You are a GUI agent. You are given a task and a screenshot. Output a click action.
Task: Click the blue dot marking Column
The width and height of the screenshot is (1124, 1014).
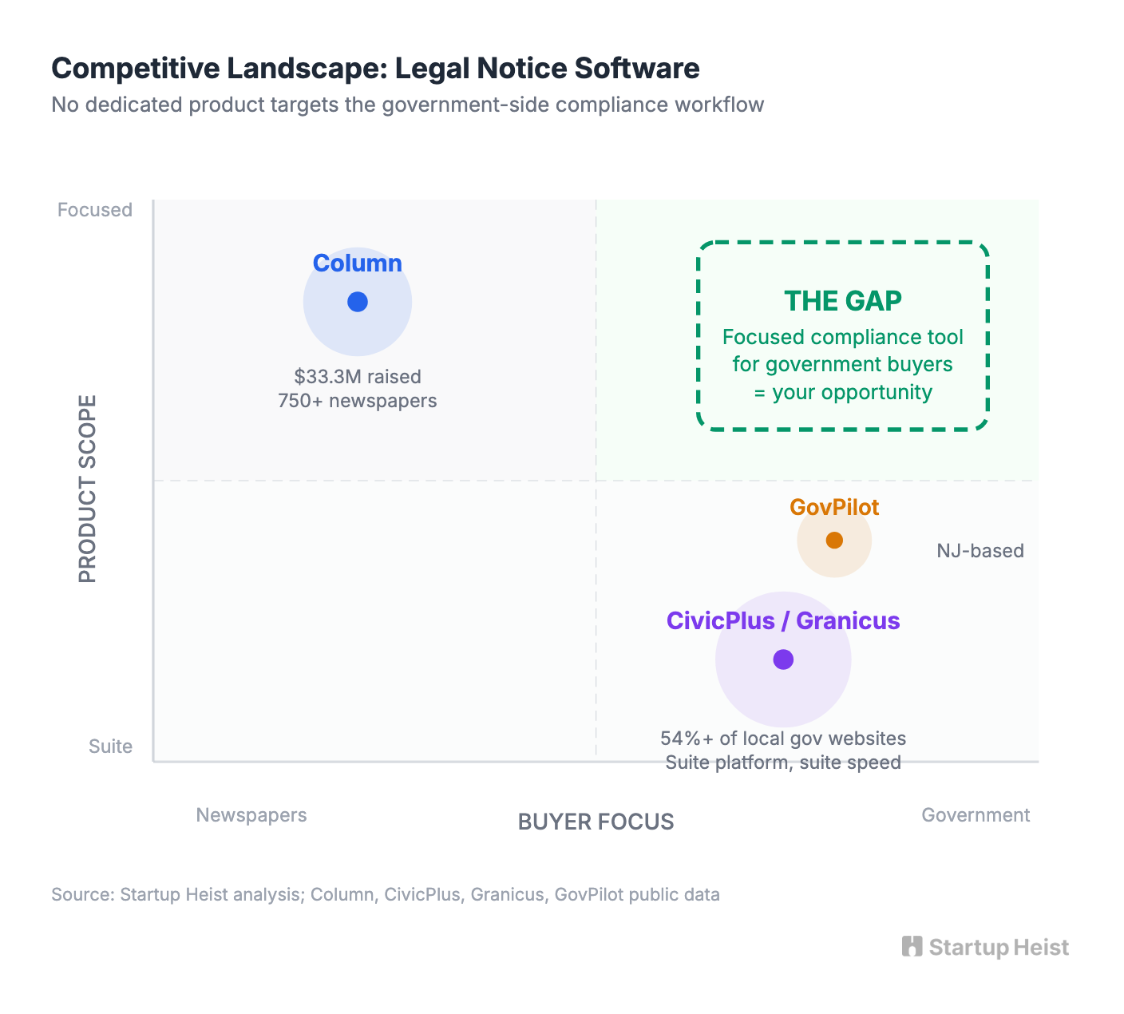pos(358,302)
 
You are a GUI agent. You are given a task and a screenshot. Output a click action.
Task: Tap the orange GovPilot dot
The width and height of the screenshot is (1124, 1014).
pos(834,541)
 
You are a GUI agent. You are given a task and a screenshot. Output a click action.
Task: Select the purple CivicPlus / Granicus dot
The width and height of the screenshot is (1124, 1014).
pos(783,659)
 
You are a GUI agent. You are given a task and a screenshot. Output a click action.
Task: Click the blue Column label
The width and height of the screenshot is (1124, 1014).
pos(357,263)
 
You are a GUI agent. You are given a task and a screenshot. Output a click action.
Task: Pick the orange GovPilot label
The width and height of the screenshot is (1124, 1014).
pos(834,507)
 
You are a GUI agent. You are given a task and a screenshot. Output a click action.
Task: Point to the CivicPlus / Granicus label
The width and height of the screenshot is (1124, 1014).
pos(783,620)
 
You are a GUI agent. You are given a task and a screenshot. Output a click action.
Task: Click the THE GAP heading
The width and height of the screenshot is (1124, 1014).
pos(843,301)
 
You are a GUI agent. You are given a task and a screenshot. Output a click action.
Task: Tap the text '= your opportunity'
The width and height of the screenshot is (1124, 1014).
pos(843,393)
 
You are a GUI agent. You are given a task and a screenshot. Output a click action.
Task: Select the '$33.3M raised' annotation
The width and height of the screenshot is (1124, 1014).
pos(358,377)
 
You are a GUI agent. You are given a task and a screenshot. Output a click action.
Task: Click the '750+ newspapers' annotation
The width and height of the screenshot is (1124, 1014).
pos(358,401)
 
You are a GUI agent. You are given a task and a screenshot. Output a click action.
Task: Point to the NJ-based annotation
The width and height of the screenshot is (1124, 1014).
pos(980,551)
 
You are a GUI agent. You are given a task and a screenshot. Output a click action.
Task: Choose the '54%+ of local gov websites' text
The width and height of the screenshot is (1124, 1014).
pos(783,739)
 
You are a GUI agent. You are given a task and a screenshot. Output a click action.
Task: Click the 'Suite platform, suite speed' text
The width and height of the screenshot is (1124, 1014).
pos(783,762)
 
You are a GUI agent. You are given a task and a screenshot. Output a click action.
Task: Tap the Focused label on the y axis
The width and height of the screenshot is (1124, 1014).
pos(95,210)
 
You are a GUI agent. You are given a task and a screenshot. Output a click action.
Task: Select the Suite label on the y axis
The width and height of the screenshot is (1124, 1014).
pos(110,747)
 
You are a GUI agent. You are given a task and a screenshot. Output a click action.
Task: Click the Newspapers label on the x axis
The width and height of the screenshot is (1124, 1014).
pos(251,815)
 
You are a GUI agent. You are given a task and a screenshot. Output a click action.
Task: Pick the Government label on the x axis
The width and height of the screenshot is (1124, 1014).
pos(976,815)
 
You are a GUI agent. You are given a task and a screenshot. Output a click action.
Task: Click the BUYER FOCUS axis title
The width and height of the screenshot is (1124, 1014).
pos(596,822)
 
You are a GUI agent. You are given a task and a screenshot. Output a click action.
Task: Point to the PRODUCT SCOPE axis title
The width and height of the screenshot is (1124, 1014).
pos(88,489)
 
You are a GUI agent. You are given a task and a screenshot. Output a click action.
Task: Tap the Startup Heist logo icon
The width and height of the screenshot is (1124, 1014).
pos(912,947)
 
